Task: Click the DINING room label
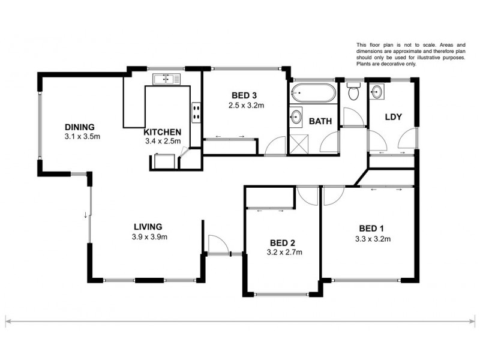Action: click(x=80, y=127)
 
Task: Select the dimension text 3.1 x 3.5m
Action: click(x=82, y=136)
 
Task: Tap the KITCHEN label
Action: click(x=163, y=132)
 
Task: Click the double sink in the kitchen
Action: click(x=163, y=79)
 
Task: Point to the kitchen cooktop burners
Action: click(x=196, y=113)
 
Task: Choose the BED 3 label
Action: click(x=244, y=95)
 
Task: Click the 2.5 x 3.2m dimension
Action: click(x=246, y=106)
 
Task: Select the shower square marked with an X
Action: click(x=298, y=144)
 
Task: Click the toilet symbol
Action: click(x=353, y=92)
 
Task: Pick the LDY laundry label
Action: click(x=393, y=116)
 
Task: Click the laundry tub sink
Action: click(x=376, y=92)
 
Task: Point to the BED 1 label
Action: click(x=371, y=228)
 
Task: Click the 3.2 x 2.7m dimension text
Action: click(x=284, y=252)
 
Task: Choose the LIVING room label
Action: click(x=148, y=227)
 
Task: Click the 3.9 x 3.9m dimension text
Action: click(x=149, y=236)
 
